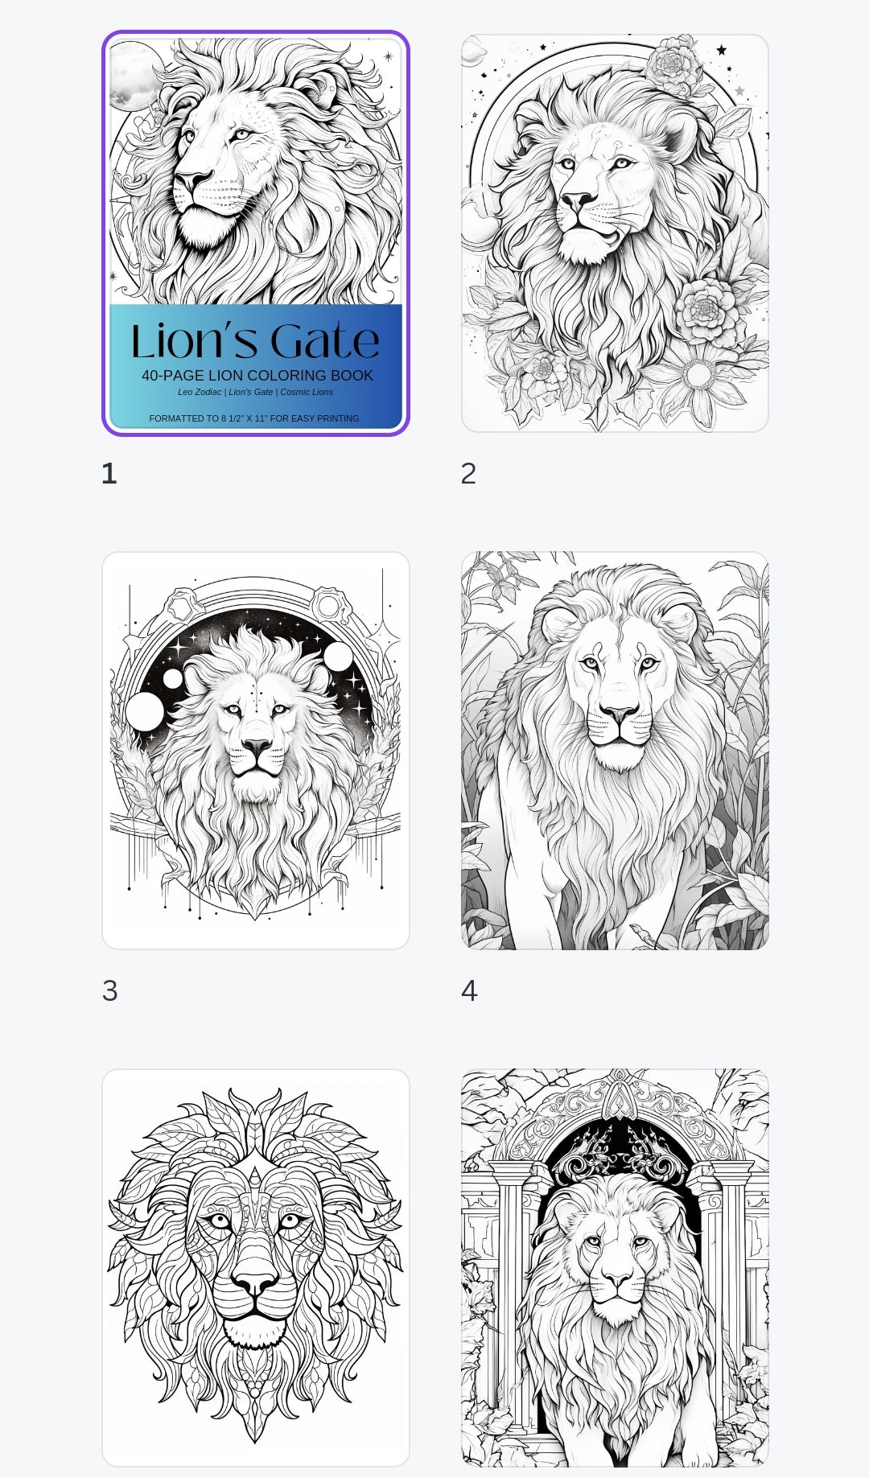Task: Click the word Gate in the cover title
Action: [324, 341]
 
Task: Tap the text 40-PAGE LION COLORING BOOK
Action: [257, 376]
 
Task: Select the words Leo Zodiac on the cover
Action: [200, 393]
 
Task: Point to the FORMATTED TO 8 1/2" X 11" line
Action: [254, 418]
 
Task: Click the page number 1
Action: [109, 474]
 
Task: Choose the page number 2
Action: [468, 474]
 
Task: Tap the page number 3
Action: [110, 991]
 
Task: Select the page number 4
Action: [469, 991]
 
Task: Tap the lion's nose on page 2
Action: [578, 200]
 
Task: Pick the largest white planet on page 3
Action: [145, 712]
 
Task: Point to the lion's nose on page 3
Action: [257, 747]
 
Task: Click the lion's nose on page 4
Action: [620, 713]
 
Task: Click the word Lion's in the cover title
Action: [196, 341]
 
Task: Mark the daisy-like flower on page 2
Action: [698, 375]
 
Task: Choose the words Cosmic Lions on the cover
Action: [307, 393]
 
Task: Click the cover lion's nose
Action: [192, 181]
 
